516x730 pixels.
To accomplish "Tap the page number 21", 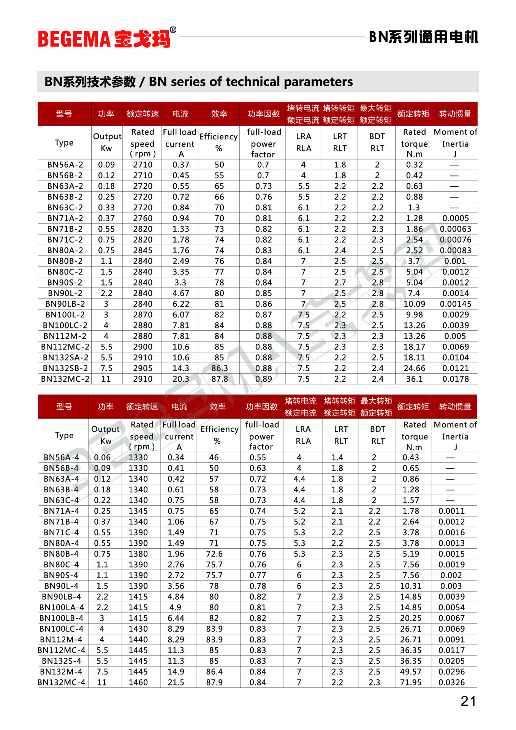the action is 468,701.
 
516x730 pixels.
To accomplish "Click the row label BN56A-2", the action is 65,165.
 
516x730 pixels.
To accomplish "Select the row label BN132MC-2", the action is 65,379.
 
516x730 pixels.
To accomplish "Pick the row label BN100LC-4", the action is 61,629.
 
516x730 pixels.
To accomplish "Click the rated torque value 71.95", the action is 411,682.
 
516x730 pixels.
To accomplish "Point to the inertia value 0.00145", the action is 455,304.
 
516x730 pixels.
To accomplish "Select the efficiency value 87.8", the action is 220,379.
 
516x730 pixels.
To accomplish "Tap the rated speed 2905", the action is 142,368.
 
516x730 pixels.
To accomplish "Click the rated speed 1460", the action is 138,682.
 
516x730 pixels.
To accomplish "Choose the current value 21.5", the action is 176,682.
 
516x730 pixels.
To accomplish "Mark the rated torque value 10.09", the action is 414,304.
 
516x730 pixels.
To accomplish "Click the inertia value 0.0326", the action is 451,682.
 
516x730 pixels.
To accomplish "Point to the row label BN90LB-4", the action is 61,597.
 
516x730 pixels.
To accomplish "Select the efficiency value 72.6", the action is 214,554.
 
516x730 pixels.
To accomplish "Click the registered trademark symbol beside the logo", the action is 173,30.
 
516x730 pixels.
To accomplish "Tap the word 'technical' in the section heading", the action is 252,82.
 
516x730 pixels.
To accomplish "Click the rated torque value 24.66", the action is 414,368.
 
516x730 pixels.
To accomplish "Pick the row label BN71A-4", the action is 61,511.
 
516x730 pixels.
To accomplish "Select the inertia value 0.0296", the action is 451,672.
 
